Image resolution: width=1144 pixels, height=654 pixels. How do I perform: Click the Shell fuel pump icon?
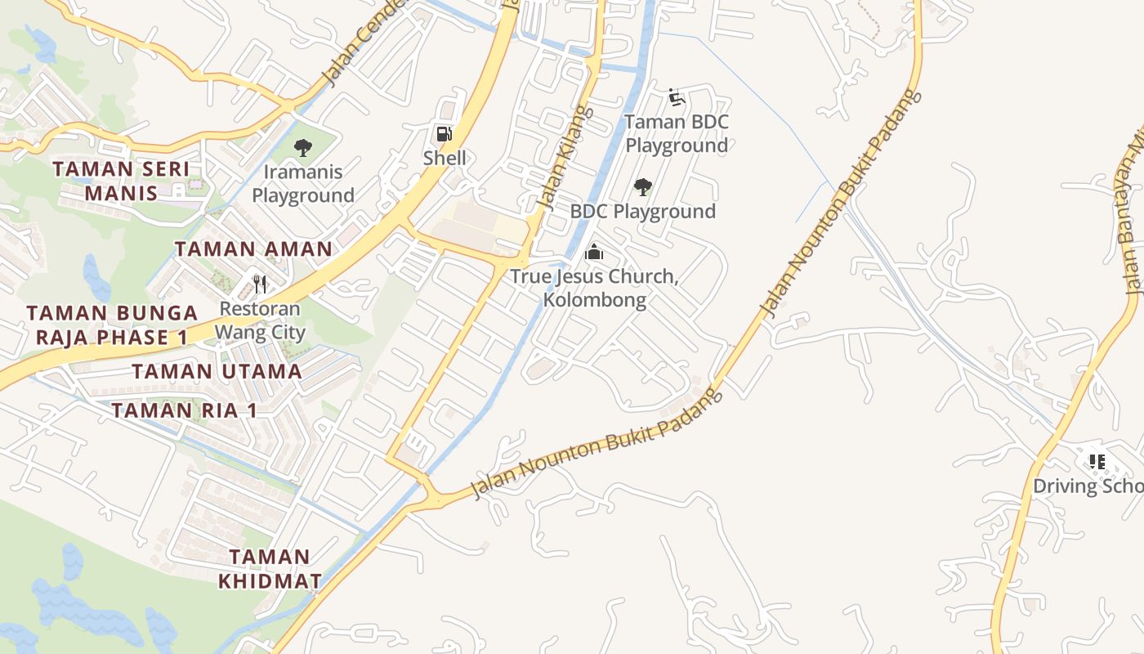pyautogui.click(x=444, y=133)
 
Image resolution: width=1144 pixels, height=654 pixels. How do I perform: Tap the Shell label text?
pyautogui.click(x=445, y=158)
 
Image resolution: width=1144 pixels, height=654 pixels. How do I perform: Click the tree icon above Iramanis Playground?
pyautogui.click(x=302, y=148)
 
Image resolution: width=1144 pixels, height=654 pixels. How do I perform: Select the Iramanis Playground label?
pyautogui.click(x=302, y=184)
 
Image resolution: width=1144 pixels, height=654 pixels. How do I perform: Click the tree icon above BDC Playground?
pyautogui.click(x=643, y=187)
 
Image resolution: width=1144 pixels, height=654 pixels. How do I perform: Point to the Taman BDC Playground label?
pyautogui.click(x=677, y=134)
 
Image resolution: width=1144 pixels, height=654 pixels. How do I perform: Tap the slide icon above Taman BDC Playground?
pyautogui.click(x=676, y=98)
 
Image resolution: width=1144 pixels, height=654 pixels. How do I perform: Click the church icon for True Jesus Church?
pyautogui.click(x=594, y=253)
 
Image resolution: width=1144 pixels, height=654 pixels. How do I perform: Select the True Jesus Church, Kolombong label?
pyautogui.click(x=594, y=288)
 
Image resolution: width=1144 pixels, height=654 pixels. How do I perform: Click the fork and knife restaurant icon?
pyautogui.click(x=260, y=284)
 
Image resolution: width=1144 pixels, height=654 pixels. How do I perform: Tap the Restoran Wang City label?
pyautogui.click(x=260, y=320)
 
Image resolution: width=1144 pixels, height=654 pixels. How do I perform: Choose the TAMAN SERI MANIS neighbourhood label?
pyautogui.click(x=121, y=181)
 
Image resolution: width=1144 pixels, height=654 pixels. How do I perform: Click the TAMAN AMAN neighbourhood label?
pyautogui.click(x=253, y=249)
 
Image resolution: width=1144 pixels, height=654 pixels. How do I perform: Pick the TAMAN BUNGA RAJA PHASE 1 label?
pyautogui.click(x=111, y=325)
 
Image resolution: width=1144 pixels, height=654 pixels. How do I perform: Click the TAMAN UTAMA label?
pyautogui.click(x=217, y=371)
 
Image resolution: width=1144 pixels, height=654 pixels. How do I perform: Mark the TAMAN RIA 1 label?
pyautogui.click(x=184, y=410)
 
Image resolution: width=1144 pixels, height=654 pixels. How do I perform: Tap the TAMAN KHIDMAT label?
pyautogui.click(x=270, y=569)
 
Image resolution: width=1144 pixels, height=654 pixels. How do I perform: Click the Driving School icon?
pyautogui.click(x=1097, y=462)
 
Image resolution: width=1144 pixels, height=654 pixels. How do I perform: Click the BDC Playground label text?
pyautogui.click(x=642, y=212)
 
